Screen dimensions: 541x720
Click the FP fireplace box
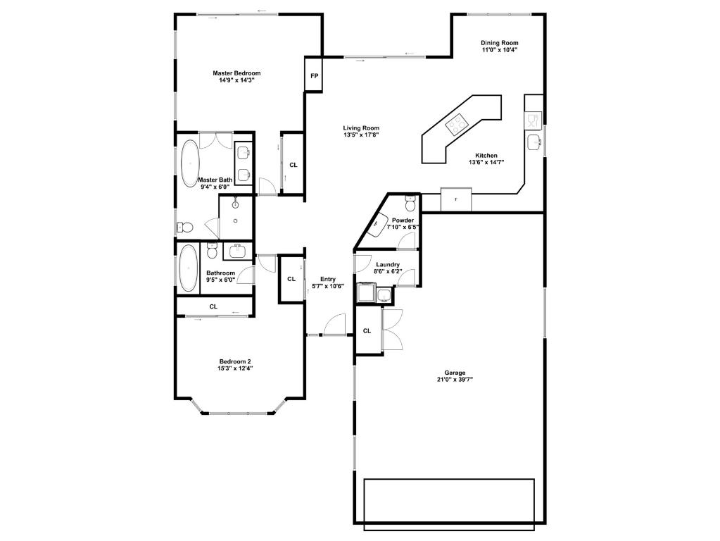[314, 74]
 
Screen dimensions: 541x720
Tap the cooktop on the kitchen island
[457, 125]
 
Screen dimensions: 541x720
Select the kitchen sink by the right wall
[535, 143]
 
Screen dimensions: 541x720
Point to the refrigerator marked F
[456, 200]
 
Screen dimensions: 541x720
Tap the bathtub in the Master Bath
[190, 163]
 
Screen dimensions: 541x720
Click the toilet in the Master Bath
[184, 228]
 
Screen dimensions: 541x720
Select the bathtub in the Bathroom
[189, 268]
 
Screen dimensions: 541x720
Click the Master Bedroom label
[237, 73]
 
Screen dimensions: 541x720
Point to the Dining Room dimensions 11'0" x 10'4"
[500, 50]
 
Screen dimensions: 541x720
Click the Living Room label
[361, 128]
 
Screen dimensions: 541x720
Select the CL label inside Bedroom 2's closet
[213, 306]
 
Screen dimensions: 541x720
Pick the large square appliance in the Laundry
[367, 293]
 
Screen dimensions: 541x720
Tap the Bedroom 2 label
[235, 361]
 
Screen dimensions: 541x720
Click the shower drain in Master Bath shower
[235, 220]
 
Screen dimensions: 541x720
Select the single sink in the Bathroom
[235, 251]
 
